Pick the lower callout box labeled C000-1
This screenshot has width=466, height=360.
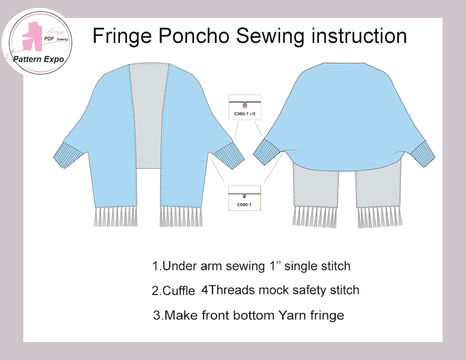coord(244,197)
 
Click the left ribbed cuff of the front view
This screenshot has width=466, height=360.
coord(63,155)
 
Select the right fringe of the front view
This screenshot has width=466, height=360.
coord(181,216)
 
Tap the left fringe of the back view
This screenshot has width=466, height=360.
coord(315,216)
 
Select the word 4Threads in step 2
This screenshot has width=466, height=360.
coord(225,290)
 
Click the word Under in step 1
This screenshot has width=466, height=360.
coord(180,266)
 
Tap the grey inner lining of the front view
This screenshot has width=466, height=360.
coord(148,117)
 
